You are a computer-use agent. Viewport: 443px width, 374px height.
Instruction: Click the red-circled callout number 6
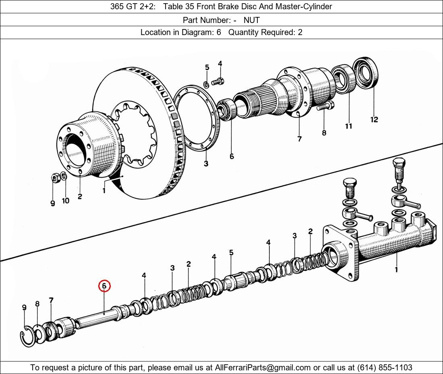tap(104, 286)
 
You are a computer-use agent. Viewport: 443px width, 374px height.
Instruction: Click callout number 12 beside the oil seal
tap(374, 119)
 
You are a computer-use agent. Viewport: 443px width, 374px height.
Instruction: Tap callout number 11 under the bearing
tap(348, 126)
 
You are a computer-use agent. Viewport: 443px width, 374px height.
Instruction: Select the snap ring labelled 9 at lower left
tap(25, 336)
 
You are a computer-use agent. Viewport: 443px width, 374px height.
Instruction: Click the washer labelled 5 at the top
tap(206, 84)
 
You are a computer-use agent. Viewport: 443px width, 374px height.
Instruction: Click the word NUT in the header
tap(252, 20)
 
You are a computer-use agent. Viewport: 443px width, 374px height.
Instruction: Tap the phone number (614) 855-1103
tap(384, 368)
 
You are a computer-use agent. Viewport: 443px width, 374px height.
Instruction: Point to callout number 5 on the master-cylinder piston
tap(231, 253)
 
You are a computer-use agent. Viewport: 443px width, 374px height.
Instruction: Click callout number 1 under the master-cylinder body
tap(396, 269)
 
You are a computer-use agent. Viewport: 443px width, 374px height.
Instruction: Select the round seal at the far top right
tap(366, 73)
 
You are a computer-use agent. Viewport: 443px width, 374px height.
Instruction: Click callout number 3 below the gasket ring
tap(206, 164)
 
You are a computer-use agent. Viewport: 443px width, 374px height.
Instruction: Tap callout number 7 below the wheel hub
tap(300, 139)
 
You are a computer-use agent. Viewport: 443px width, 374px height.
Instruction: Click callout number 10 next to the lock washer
tap(65, 201)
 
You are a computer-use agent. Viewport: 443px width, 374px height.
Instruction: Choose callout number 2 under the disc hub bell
tap(80, 197)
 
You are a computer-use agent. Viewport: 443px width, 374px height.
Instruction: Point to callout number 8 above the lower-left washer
tap(37, 304)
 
